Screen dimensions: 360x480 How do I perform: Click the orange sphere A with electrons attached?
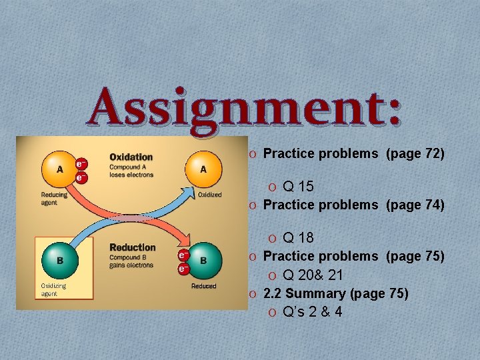pos(60,169)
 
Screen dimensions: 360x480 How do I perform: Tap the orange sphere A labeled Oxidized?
pos(203,169)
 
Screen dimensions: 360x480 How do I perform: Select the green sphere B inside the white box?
pos(60,260)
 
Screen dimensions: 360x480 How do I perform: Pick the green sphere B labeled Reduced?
pos(203,260)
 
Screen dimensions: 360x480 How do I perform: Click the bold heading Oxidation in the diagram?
pos(131,157)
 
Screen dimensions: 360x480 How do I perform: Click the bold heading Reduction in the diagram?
pos(133,247)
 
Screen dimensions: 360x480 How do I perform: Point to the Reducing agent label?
pos(53,199)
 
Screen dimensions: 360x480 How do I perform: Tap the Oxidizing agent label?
pos(54,289)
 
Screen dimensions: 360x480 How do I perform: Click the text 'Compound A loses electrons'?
pos(131,171)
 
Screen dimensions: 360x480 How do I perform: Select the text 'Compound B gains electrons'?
pos(132,261)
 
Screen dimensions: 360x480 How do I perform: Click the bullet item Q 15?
pos(298,186)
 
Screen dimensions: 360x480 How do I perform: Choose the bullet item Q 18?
pos(298,238)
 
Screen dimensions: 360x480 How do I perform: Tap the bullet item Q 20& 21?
pos(313,275)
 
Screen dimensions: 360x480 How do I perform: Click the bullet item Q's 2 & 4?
pos(312,312)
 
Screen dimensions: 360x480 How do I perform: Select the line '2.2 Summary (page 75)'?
pos(336,293)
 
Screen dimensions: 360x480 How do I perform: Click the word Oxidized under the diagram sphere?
pos(209,195)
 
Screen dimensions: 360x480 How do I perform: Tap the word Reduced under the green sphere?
pos(203,285)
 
